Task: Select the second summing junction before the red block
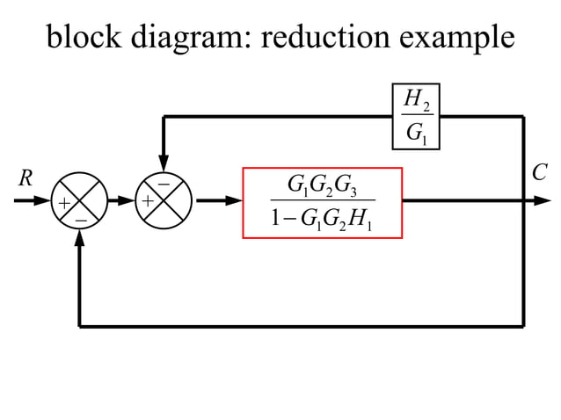click(164, 201)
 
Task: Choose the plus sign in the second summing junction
click(148, 202)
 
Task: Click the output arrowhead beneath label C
click(543, 201)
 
